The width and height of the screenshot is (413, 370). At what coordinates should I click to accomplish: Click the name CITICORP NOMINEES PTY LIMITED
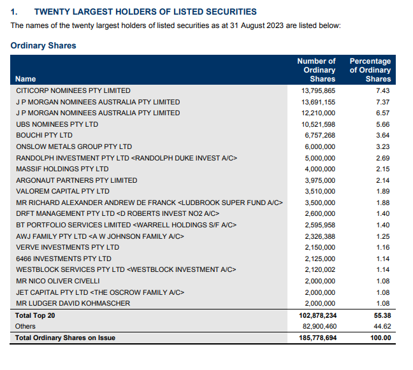[x=73, y=90]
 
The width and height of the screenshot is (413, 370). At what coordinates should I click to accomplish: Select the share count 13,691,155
[x=318, y=102]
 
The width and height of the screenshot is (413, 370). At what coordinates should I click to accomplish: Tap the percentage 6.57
[x=382, y=113]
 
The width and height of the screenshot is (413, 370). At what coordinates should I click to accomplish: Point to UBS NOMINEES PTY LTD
[x=57, y=124]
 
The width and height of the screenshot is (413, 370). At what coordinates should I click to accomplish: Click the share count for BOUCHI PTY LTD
[x=320, y=135]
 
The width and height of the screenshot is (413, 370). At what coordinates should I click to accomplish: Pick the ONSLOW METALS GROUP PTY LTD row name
[x=74, y=146]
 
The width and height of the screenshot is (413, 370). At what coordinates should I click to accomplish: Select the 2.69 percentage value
[x=382, y=158]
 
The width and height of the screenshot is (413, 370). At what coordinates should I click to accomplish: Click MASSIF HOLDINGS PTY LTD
[x=62, y=169]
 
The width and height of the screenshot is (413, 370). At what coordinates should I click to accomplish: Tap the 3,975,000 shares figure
[x=320, y=180]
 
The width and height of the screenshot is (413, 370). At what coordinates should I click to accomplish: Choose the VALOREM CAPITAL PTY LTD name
[x=62, y=191]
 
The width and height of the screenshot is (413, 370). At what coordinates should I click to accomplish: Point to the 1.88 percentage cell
[x=382, y=203]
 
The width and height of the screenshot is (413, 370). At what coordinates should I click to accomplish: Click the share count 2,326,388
[x=320, y=236]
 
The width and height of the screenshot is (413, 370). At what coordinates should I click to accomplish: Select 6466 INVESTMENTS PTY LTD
[x=64, y=259]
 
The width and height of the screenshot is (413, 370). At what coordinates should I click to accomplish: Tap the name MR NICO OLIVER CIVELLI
[x=58, y=281]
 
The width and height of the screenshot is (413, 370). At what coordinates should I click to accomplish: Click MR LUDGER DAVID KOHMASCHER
[x=73, y=303]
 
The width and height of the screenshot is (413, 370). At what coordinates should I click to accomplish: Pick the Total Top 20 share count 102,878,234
[x=317, y=315]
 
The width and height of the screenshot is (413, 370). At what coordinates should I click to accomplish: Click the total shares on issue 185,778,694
[x=317, y=338]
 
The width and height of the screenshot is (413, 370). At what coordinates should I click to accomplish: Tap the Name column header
[x=25, y=79]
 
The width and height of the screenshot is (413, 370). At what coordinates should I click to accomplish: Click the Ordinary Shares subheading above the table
[x=43, y=45]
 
